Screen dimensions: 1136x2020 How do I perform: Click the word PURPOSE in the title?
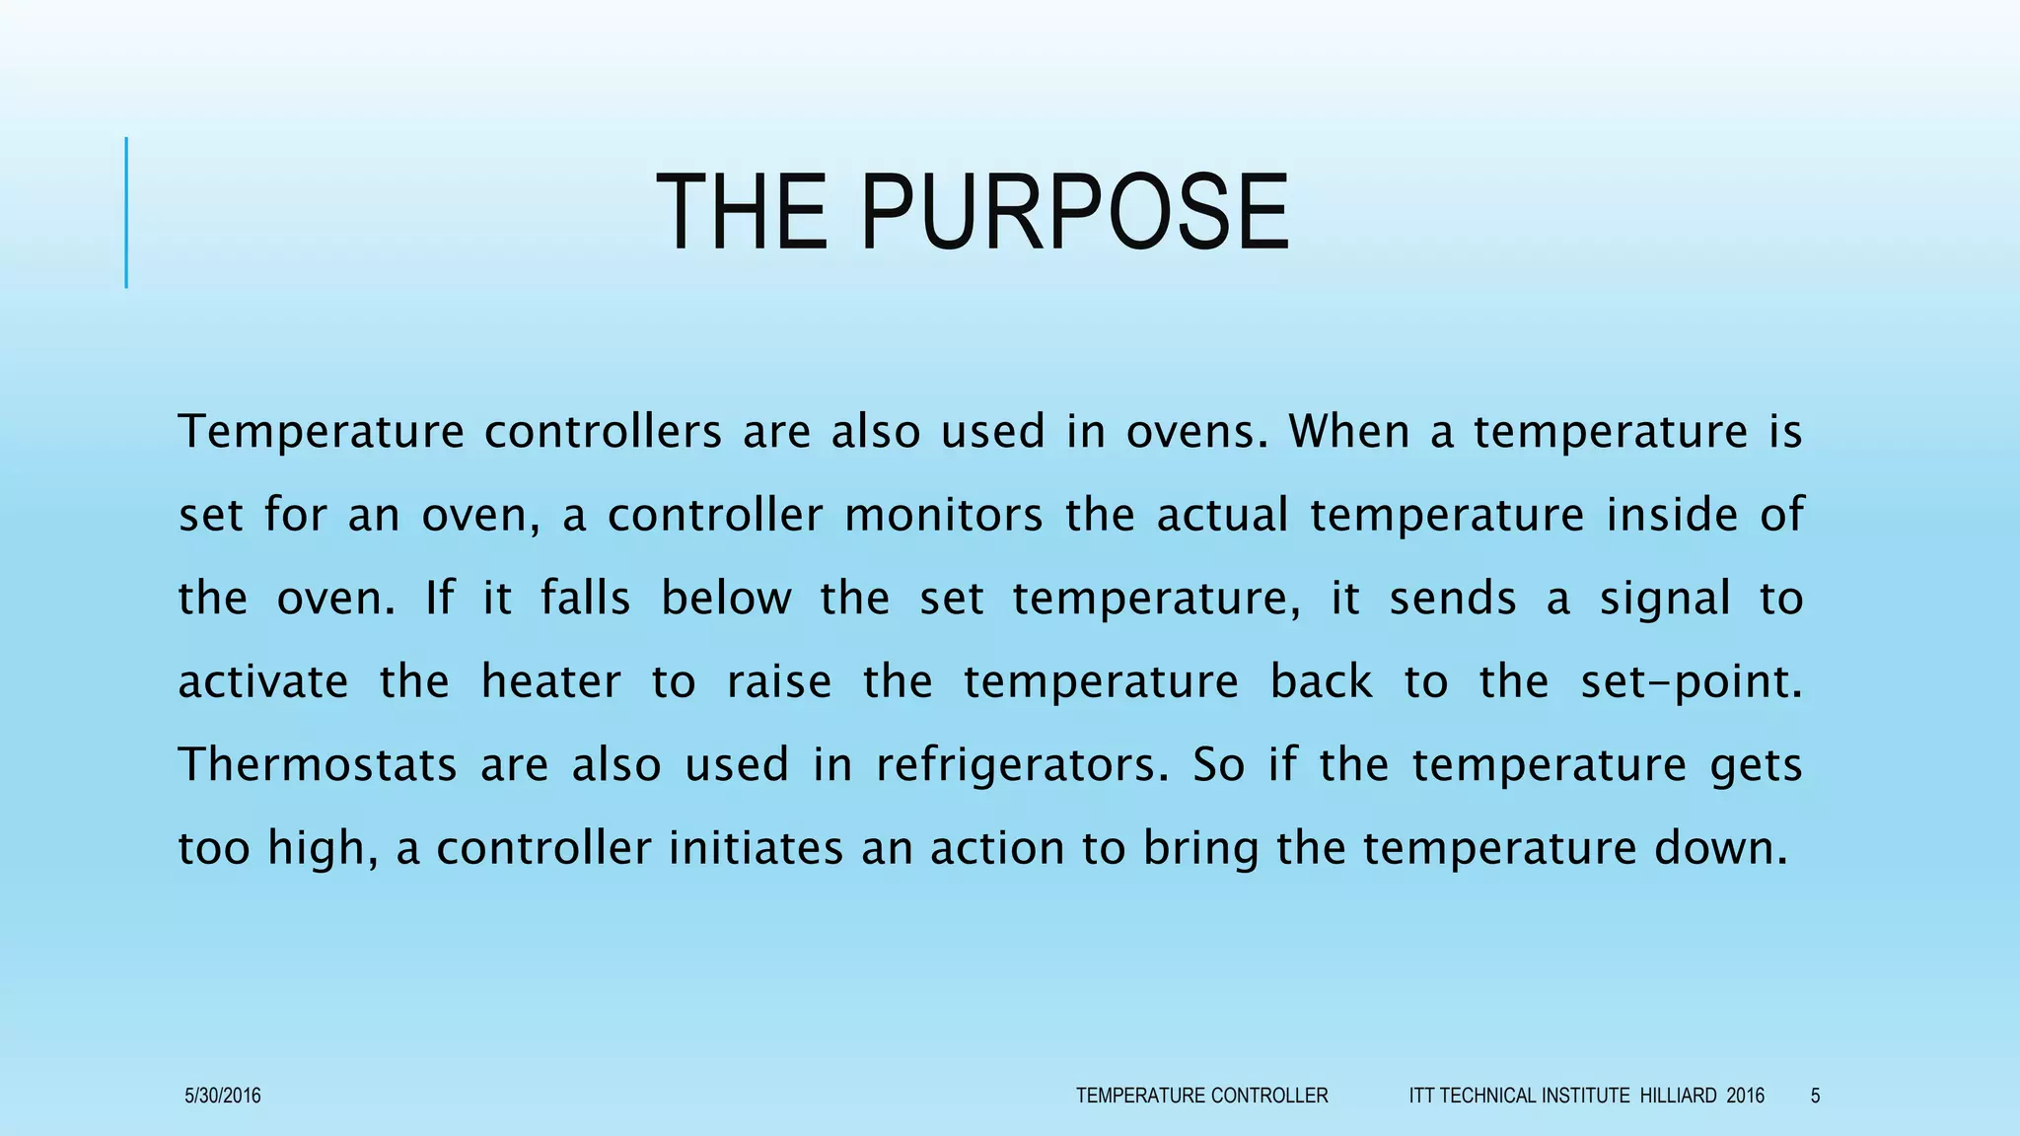coord(1074,213)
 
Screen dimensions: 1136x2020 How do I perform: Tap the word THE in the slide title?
coord(742,213)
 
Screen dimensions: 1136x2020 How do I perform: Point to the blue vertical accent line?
coord(126,213)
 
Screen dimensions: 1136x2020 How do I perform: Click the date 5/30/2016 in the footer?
coord(223,1096)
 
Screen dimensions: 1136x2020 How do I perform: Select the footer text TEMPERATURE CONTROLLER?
coord(1201,1096)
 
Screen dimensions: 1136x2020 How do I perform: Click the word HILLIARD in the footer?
coord(1678,1096)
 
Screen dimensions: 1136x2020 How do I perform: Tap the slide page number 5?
coord(1815,1096)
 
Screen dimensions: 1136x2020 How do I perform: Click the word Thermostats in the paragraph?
coord(317,765)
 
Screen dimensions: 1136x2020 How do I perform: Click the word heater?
coord(550,682)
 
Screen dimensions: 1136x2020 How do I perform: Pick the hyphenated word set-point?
coord(1691,682)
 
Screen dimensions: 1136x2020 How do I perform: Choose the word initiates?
coord(756,849)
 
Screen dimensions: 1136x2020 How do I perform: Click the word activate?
coord(262,682)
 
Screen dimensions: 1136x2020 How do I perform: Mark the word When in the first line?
coord(1348,432)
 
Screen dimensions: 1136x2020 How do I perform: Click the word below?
coord(726,599)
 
